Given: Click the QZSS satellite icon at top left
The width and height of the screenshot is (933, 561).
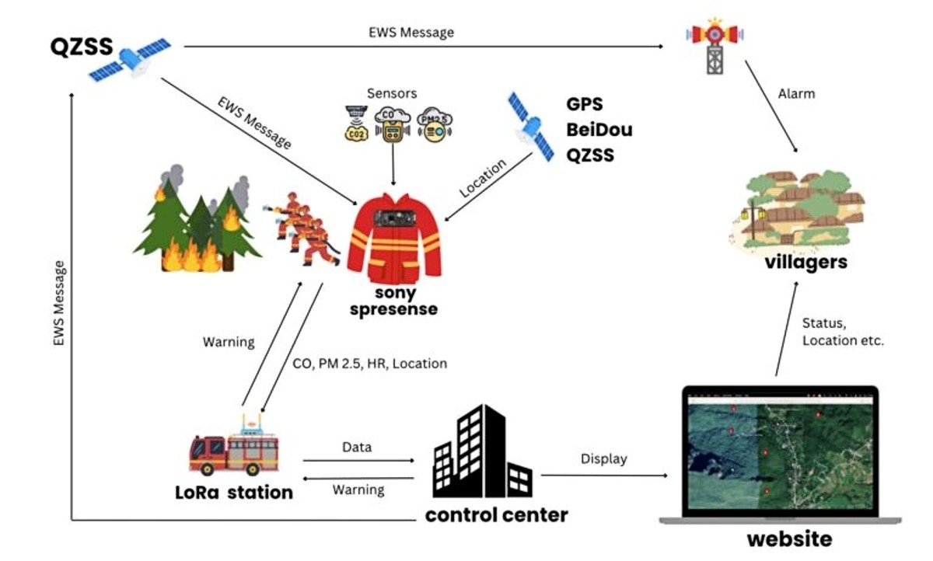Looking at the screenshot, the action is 130,60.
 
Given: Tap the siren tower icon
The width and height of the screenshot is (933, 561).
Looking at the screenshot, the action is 715,46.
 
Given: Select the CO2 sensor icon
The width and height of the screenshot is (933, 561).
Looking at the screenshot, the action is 357,124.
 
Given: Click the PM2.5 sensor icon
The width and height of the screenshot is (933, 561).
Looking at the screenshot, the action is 435,125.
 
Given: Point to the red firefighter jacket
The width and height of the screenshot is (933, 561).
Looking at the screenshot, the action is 394,239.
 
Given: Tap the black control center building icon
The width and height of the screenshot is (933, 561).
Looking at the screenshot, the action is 482,451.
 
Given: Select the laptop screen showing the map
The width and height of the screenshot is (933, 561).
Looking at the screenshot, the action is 780,453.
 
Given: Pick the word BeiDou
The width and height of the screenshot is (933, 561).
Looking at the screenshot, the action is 599,130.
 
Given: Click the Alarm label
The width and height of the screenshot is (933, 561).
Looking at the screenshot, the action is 796,94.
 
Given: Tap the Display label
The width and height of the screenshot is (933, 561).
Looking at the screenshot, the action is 604,458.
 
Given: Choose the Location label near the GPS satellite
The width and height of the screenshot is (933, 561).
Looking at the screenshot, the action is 482,178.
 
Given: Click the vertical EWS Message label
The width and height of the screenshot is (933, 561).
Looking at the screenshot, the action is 59,303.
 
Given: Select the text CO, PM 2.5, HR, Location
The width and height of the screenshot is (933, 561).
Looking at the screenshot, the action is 370,364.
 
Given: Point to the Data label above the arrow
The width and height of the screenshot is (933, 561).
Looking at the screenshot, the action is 357,447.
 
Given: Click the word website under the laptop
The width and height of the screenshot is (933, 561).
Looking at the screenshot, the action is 790,539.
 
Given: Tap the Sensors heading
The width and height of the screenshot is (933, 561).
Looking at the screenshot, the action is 392,94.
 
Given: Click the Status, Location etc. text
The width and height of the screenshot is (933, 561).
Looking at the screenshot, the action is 843,332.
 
